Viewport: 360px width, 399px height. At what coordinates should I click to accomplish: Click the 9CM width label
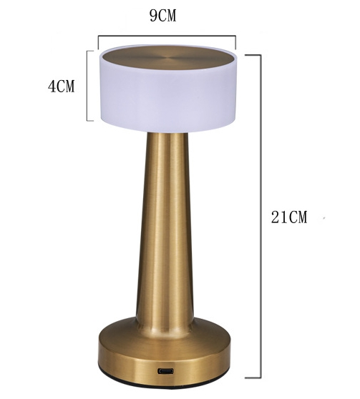[162, 16]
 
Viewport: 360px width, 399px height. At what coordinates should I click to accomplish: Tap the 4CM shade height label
[61, 86]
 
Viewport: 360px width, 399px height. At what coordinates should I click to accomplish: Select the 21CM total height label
[289, 217]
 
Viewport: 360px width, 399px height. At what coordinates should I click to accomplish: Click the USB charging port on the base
[166, 370]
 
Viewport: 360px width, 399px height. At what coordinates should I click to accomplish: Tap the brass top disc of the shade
[167, 58]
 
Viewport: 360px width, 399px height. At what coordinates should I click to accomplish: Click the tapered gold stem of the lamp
[165, 229]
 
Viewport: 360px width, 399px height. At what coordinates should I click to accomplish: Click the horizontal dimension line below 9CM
[167, 36]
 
